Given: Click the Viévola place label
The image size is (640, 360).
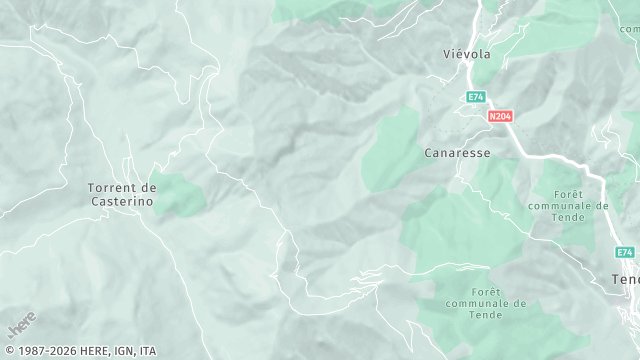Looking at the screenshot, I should point(467,54).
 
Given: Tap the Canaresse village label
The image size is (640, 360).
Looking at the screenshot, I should point(457,153).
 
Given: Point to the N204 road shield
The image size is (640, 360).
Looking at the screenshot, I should point(500,117).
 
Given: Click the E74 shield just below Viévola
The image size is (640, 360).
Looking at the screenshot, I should point(476,97).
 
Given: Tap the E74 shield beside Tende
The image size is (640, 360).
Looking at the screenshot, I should point(625,252).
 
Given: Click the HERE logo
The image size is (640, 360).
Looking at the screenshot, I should point(20,326).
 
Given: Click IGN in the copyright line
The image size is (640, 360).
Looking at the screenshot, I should point(122,351).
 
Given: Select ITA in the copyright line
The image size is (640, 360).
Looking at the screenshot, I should point(148,351).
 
